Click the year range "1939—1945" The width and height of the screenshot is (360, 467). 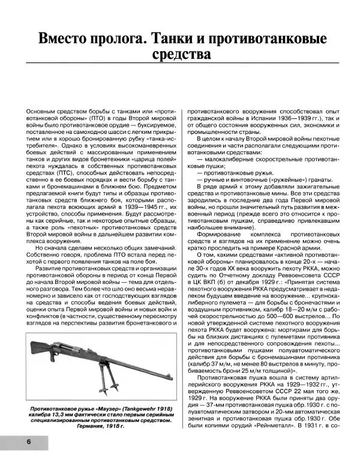pos(138,214)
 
